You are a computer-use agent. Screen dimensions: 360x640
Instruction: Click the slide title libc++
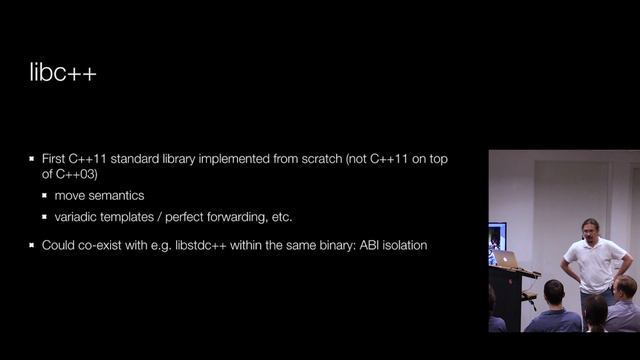pyautogui.click(x=63, y=75)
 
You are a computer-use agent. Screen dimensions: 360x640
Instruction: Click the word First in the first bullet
pyautogui.click(x=53, y=159)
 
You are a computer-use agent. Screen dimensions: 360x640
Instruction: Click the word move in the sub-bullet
pyautogui.click(x=71, y=195)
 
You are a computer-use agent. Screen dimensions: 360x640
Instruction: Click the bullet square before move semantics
pyautogui.click(x=45, y=196)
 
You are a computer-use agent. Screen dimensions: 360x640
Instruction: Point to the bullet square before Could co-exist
pyautogui.click(x=31, y=245)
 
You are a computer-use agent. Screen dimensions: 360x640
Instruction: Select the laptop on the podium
pyautogui.click(x=507, y=260)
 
